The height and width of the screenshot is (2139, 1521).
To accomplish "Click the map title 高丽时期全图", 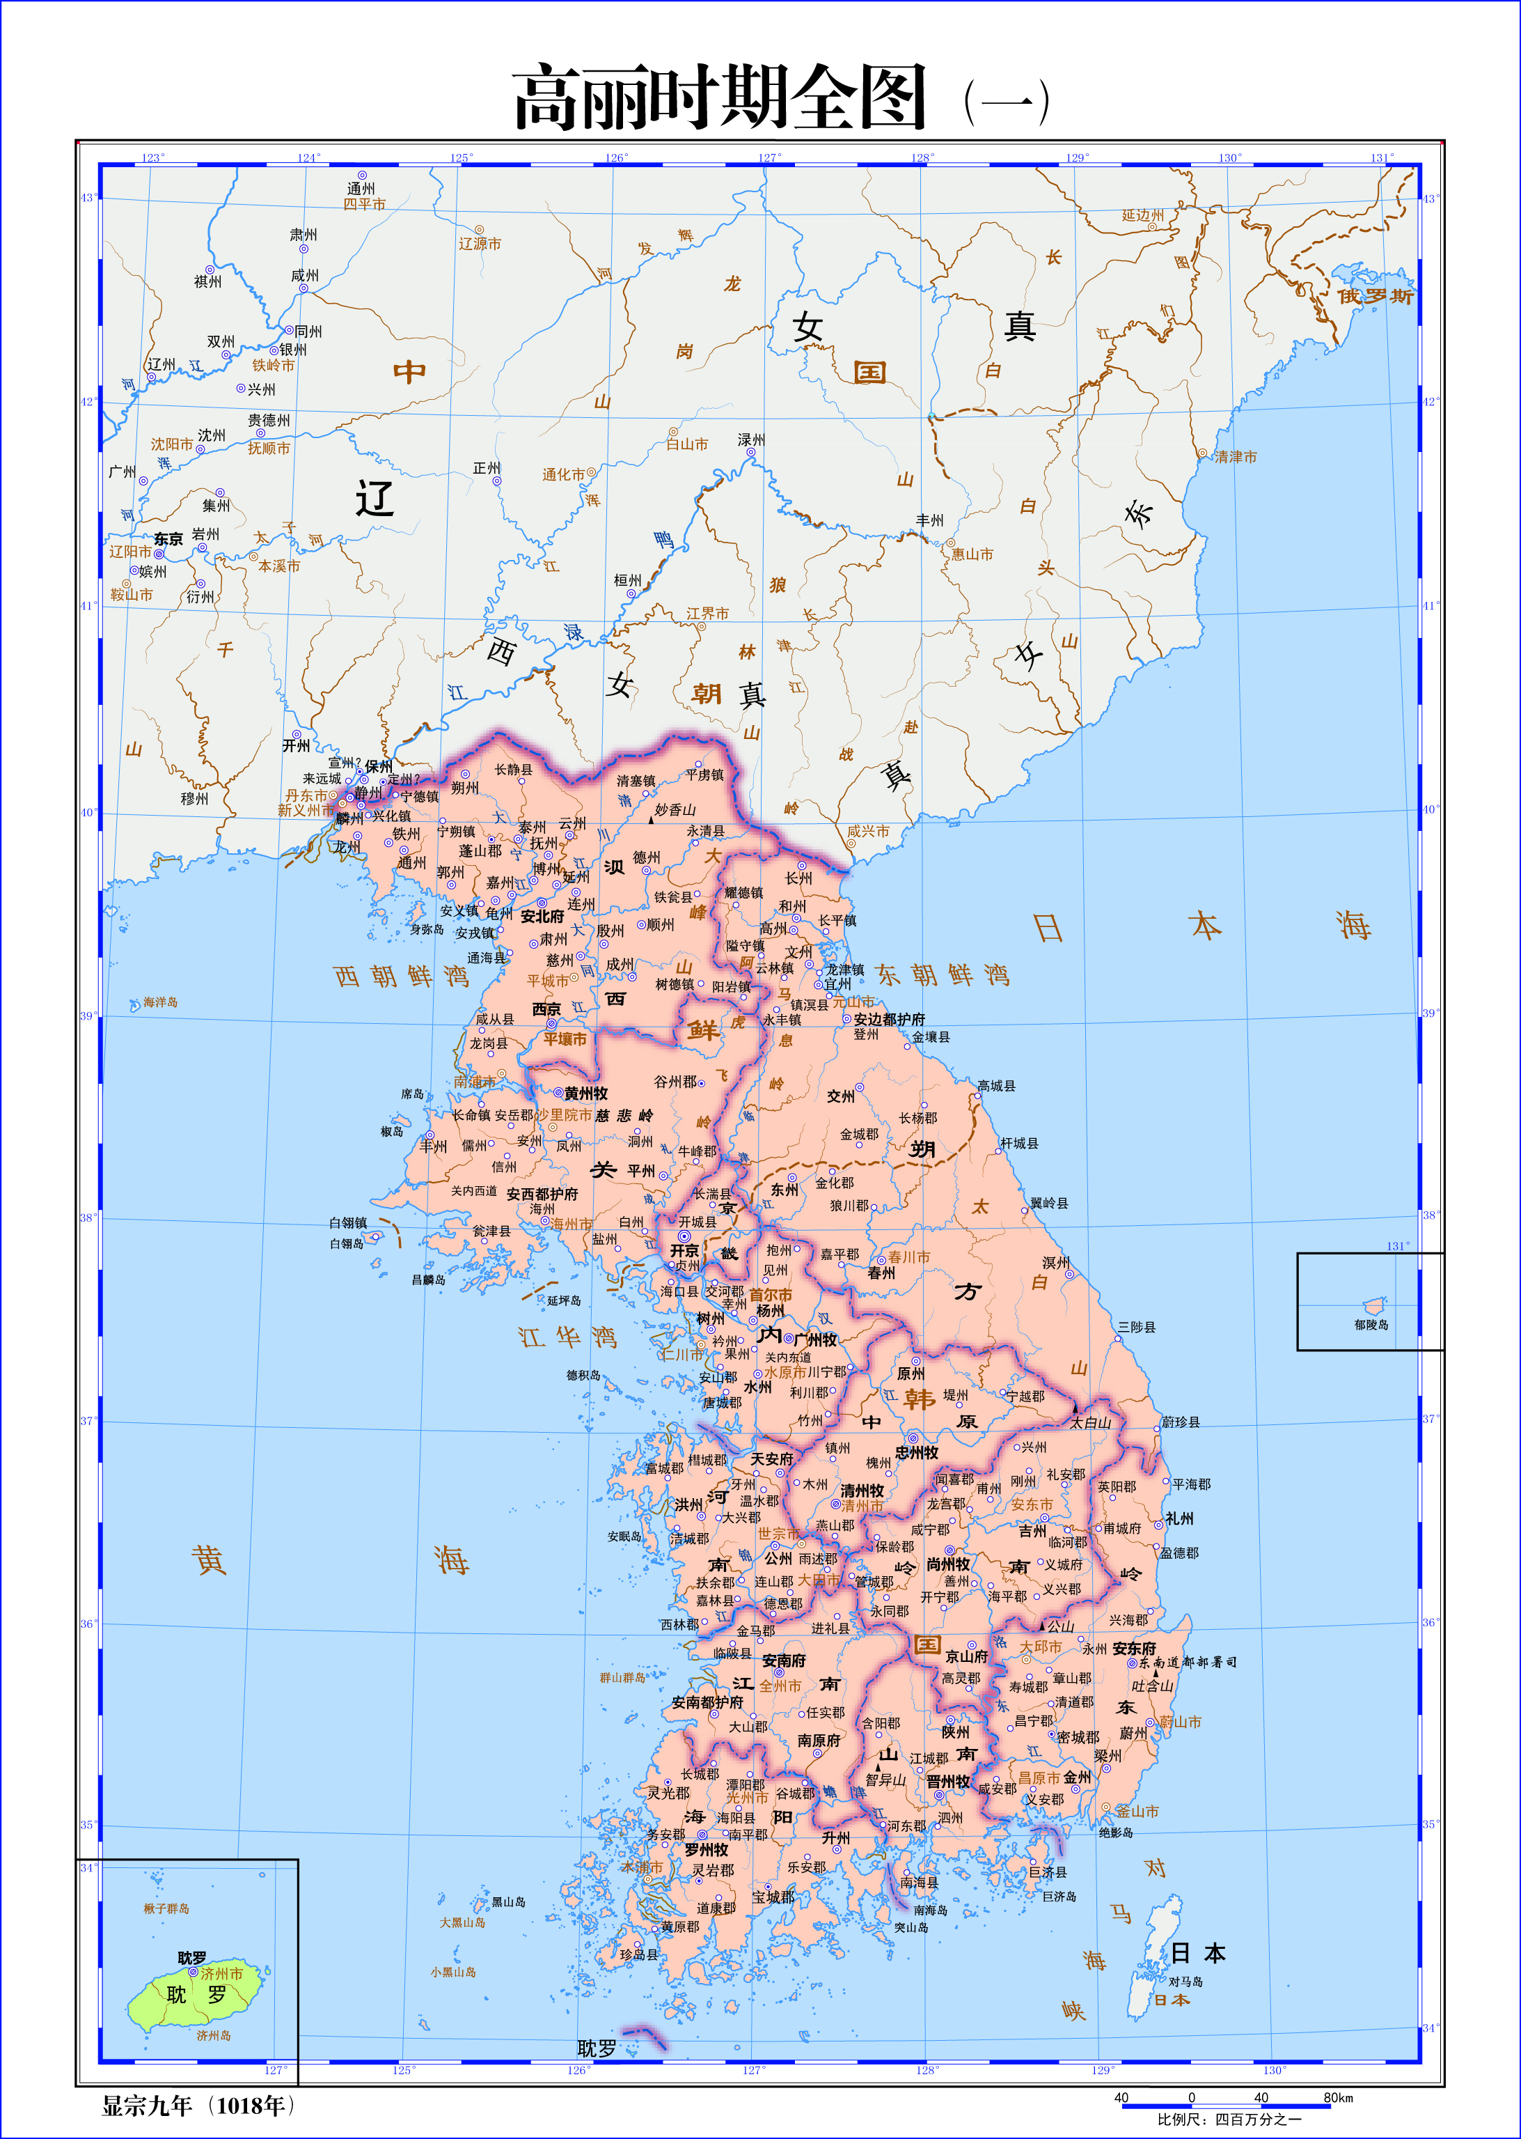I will click(719, 98).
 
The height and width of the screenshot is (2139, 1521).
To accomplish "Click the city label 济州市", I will click(222, 1973).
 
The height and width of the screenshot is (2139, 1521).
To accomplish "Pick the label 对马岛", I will click(1185, 1982).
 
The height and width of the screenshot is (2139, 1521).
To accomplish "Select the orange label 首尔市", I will click(771, 1295).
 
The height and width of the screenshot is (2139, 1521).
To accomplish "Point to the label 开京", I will click(685, 1251).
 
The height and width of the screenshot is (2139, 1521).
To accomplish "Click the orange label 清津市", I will click(1236, 457).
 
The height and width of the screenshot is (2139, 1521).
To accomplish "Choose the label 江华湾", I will click(567, 1337).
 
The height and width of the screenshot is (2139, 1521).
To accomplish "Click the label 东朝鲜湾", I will click(943, 975).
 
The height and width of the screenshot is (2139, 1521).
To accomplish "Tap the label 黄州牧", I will click(586, 1094).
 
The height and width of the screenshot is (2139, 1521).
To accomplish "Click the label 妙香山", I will click(675, 809).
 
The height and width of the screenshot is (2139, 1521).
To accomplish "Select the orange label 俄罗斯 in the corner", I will click(1375, 296).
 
